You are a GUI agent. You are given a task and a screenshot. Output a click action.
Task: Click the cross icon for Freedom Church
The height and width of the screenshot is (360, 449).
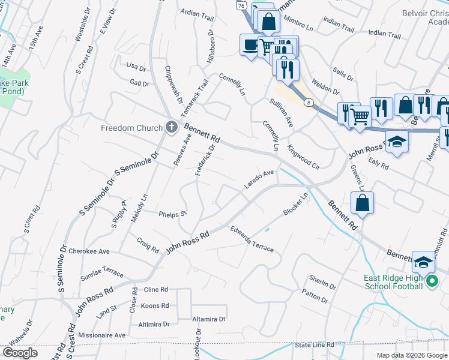point(172,127)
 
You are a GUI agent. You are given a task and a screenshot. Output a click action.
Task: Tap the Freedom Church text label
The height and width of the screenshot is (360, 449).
point(131,128)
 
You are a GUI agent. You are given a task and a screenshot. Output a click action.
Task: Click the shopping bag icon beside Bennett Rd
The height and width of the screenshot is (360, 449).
point(363,203)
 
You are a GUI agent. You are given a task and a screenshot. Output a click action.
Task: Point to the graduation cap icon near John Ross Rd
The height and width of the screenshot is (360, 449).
point(397,142)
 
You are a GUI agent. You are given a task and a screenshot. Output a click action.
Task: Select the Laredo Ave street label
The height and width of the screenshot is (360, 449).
point(259,179)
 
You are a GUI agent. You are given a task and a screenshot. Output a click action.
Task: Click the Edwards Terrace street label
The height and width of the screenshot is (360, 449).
point(252,239)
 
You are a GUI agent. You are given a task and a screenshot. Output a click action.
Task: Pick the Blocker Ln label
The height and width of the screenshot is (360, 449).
point(296,205)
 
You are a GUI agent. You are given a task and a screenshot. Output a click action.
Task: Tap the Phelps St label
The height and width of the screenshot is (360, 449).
point(173,214)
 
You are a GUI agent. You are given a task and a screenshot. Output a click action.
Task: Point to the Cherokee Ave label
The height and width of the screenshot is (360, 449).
point(89,251)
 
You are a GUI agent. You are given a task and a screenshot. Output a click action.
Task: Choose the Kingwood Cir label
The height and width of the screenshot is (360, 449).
point(304,154)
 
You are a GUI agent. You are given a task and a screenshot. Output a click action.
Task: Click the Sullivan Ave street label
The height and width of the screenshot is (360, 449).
point(281,113)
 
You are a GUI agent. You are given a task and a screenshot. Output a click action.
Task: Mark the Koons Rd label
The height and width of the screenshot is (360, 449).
point(154,306)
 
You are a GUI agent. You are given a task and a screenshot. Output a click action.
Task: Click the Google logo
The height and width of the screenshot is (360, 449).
point(20,352)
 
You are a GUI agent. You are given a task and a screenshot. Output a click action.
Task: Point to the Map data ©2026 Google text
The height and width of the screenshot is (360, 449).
point(411,355)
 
